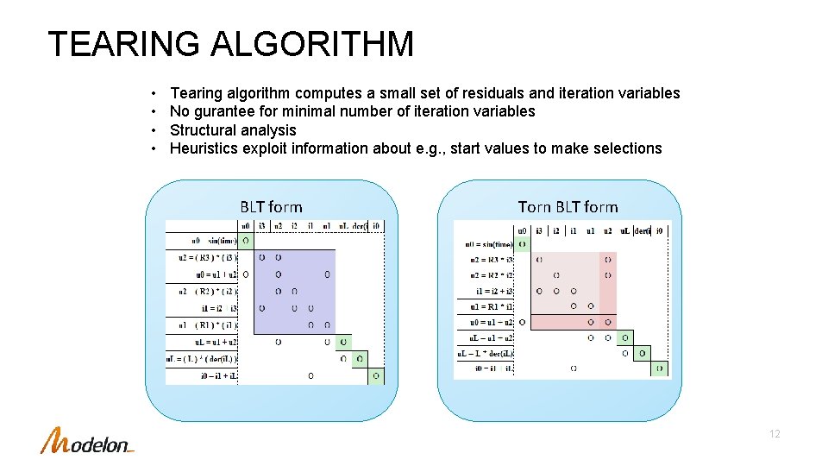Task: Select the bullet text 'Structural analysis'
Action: pos(233,130)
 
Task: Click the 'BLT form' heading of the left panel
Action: pos(271,206)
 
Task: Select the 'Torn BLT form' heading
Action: pos(568,206)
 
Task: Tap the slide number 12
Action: pos(774,434)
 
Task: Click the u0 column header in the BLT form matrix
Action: pos(245,226)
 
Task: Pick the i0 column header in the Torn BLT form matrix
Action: pos(660,230)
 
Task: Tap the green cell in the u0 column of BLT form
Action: pos(245,241)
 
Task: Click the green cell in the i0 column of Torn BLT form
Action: pos(660,369)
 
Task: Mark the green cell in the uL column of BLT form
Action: pos(343,343)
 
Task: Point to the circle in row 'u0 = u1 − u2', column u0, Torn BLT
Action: pos(522,322)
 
